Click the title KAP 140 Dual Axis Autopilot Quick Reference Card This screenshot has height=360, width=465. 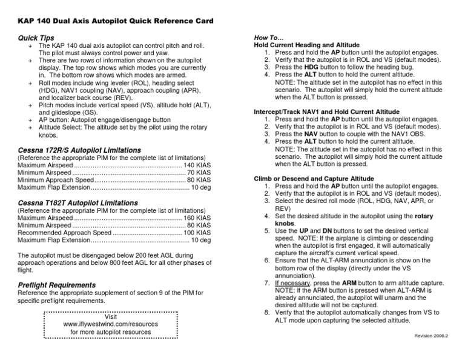(116, 21)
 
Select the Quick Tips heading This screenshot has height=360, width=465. (36, 38)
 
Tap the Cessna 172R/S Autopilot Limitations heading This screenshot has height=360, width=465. (79, 150)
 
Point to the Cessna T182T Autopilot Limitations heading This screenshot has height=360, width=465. (77, 202)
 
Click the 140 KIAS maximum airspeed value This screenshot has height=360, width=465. (197, 165)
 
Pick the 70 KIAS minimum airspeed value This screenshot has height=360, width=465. (199, 173)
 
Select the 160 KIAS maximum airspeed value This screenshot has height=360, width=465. (197, 218)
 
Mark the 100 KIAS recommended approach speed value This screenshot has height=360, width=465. (197, 233)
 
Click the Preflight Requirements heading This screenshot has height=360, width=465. (57, 285)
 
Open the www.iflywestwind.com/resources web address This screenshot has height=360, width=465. (111, 324)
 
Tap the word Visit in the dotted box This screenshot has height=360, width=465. (111, 316)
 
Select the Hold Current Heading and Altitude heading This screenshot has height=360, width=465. (306, 45)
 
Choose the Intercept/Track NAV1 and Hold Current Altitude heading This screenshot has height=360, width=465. (326, 112)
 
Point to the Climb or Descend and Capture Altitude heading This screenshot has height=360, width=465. (314, 179)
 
